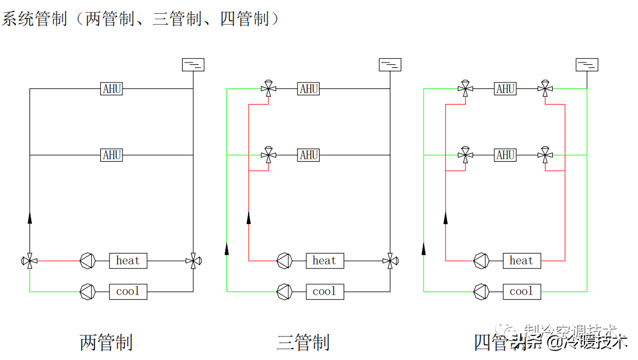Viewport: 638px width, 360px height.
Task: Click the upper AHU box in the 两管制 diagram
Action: click(112, 89)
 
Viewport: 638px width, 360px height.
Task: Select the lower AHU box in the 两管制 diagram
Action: click(112, 155)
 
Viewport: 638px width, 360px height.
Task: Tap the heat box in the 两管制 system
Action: click(127, 261)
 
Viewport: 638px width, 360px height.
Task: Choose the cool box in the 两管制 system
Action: click(127, 291)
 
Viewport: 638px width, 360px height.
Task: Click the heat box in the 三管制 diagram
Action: click(324, 261)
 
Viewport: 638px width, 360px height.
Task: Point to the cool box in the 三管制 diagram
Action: click(324, 291)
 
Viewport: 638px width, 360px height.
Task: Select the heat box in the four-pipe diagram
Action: click(521, 261)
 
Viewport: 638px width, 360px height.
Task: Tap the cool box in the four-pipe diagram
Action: click(521, 291)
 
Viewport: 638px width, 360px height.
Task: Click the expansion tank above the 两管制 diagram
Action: click(193, 64)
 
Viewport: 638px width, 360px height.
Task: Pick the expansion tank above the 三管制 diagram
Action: click(390, 64)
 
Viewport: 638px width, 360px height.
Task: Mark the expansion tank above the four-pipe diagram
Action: click(587, 64)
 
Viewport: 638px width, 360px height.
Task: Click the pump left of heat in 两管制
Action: click(88, 261)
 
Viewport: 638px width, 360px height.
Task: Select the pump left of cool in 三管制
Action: click(284, 291)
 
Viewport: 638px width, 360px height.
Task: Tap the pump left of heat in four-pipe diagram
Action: click(481, 261)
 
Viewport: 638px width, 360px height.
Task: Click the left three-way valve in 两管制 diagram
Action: click(29, 261)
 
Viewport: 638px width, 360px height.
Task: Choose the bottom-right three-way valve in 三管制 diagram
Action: click(390, 261)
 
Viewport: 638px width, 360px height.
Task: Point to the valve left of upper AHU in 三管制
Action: click(268, 89)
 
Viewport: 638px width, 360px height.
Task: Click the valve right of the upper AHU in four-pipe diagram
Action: click(545, 89)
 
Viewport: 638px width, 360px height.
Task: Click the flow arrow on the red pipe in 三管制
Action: click(249, 218)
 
